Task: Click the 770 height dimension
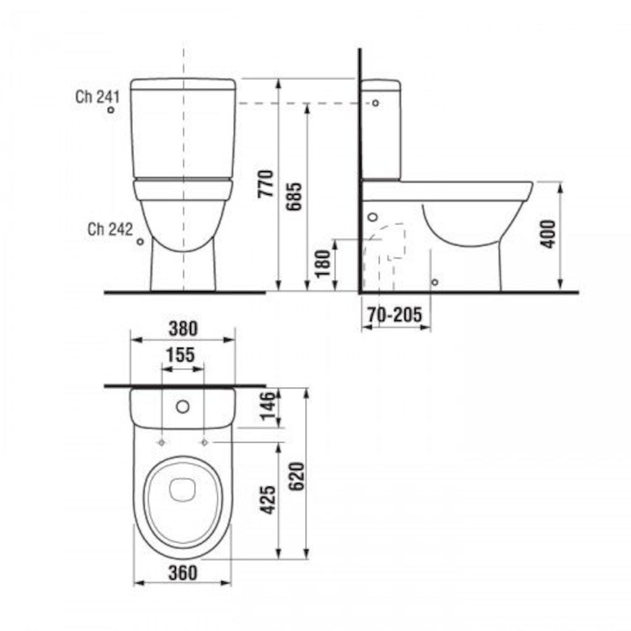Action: (268, 183)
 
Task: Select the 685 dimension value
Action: (296, 196)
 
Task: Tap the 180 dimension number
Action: (324, 263)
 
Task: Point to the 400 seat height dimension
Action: (548, 235)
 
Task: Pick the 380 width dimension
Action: (182, 329)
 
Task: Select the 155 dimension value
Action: (181, 355)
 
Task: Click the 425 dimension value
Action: (268, 500)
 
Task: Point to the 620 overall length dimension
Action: (297, 476)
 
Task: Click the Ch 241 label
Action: (98, 97)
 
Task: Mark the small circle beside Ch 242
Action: (140, 241)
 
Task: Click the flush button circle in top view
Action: (182, 406)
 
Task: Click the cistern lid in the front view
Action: (182, 84)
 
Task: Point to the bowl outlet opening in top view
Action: (182, 488)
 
